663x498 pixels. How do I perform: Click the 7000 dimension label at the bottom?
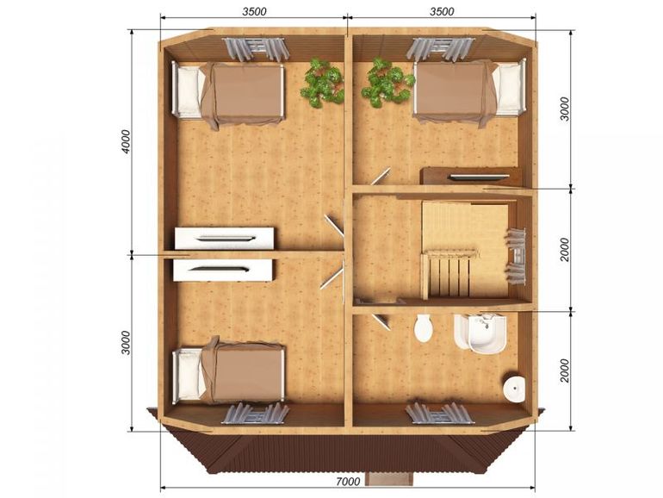pos(349,481)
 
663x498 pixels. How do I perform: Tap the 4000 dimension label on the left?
pos(127,141)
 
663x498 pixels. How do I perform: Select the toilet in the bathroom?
pos(424,327)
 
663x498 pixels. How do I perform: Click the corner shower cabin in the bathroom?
pos(480,333)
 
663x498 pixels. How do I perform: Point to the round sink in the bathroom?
pos(515,387)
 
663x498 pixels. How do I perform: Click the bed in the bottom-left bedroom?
pos(229,371)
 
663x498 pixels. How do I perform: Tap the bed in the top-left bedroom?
pos(228,94)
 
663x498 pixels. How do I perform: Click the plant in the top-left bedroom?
pos(323,83)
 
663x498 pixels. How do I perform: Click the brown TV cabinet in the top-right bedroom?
pos(470,176)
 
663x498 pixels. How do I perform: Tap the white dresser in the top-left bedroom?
pos(224,238)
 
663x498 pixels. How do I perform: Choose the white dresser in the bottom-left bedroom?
pos(222,270)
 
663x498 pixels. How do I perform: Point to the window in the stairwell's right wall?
pos(517,256)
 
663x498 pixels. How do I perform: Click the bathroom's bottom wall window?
pos(439,413)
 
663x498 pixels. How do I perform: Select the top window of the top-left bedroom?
pos(255,48)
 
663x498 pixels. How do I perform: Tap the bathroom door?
pos(380,321)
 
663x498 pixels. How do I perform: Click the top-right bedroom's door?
pos(381,176)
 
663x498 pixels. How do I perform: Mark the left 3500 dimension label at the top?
pos(255,11)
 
